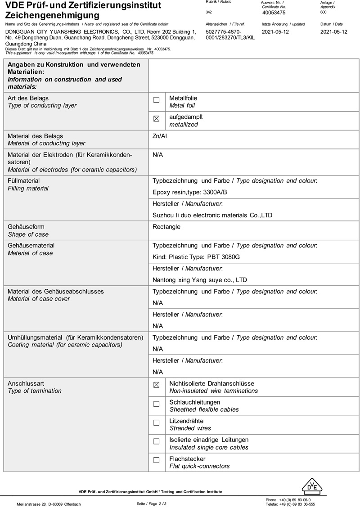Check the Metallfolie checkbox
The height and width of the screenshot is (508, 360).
[157, 100]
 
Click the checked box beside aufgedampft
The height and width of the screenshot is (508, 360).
[157, 119]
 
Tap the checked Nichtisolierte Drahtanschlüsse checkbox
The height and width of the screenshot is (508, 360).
[157, 385]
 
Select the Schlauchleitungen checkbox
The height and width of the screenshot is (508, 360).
[157, 404]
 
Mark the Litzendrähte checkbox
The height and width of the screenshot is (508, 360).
[157, 423]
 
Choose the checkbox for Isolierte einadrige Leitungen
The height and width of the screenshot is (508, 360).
[157, 442]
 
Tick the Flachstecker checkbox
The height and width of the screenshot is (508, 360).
[157, 460]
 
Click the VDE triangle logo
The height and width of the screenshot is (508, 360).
[312, 486]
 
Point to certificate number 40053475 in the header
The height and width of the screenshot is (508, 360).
[274, 13]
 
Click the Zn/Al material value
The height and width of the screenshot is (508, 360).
[160, 136]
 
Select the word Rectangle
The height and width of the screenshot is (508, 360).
[166, 227]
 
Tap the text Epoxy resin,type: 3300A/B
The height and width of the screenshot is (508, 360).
[190, 192]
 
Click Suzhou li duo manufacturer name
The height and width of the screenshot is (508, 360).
[212, 216]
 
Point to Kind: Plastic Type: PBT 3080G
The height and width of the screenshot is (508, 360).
[196, 257]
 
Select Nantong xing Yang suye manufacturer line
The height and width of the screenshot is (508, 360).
[200, 280]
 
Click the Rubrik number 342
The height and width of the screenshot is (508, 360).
[209, 12]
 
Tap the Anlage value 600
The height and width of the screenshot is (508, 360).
[324, 12]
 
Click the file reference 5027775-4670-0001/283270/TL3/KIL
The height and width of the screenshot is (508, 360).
[229, 35]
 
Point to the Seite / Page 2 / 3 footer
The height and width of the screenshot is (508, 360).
[152, 504]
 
